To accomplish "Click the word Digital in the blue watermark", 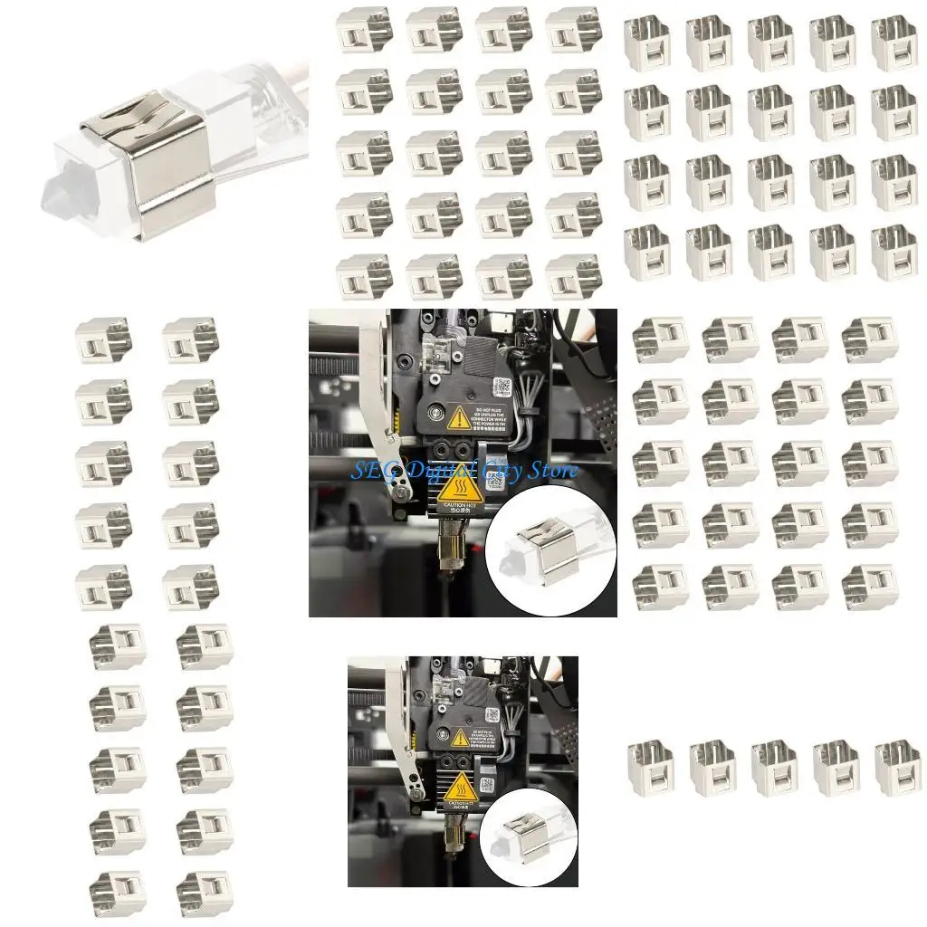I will click(437, 470).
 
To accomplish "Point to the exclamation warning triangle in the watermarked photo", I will click(458, 418).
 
